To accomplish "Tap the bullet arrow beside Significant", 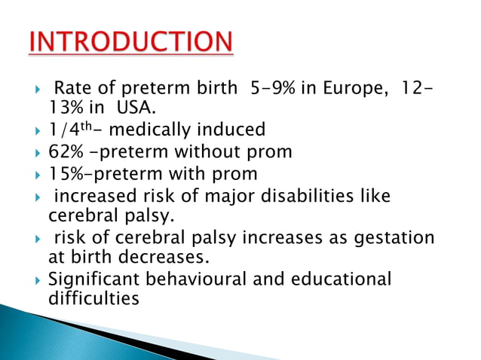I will [x=38, y=280].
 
